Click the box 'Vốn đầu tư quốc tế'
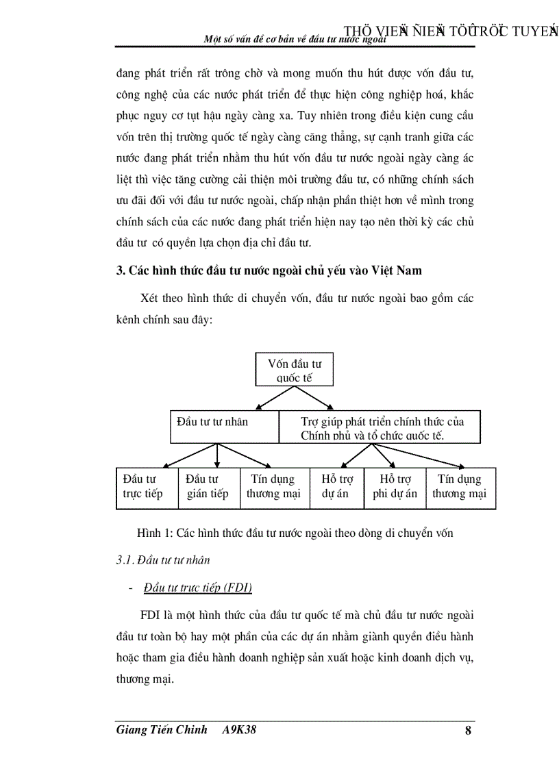click(x=294, y=370)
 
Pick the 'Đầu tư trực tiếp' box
click(x=147, y=488)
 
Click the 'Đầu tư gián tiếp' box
click(x=208, y=488)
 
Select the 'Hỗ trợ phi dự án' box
click(x=395, y=488)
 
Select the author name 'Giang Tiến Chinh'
click(x=160, y=731)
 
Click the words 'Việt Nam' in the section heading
click(x=397, y=270)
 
